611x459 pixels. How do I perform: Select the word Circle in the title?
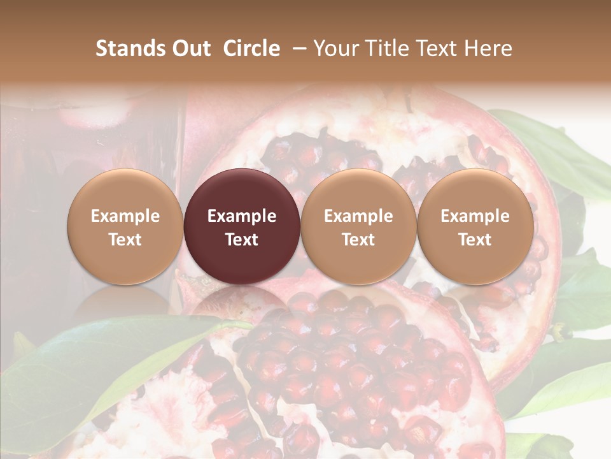pyautogui.click(x=251, y=48)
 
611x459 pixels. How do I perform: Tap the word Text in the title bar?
pyautogui.click(x=435, y=48)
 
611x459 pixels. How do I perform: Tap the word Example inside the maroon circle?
pyautogui.click(x=242, y=216)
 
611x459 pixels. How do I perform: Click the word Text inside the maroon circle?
pyautogui.click(x=242, y=240)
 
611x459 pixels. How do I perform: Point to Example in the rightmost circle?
pyautogui.click(x=475, y=216)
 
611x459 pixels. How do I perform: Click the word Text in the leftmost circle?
pyautogui.click(x=125, y=240)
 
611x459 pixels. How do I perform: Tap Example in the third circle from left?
pyautogui.click(x=358, y=216)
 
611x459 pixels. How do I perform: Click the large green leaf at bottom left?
pyautogui.click(x=95, y=370)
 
